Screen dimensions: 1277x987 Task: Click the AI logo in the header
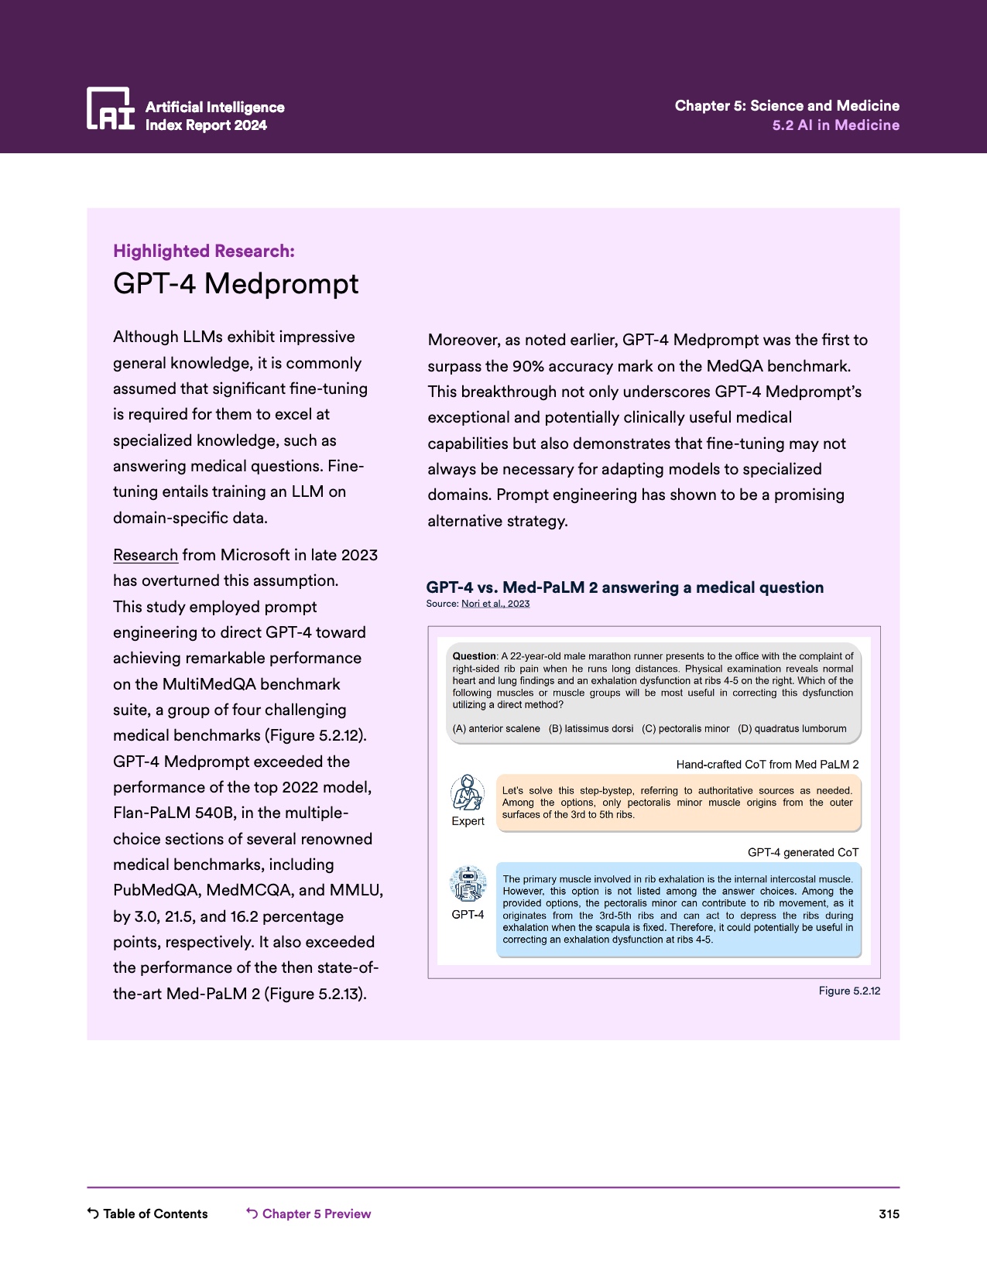(x=110, y=108)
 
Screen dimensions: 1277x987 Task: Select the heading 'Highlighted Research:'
(x=204, y=251)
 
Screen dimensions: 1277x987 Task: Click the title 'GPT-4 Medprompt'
(x=235, y=284)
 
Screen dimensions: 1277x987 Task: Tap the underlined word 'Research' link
(x=146, y=555)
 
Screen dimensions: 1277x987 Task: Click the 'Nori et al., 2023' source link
(x=495, y=604)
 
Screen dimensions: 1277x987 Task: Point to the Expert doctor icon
(x=468, y=793)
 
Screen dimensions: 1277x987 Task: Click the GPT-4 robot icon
(x=468, y=885)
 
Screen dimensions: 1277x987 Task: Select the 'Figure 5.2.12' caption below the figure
(x=849, y=991)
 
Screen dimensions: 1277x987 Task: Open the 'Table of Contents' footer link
(x=155, y=1214)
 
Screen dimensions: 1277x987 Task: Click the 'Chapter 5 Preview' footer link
(x=316, y=1214)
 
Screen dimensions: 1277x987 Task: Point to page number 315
(x=889, y=1214)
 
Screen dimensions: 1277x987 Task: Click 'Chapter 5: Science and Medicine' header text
(x=787, y=105)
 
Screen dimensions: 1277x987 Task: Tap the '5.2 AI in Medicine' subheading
(x=835, y=125)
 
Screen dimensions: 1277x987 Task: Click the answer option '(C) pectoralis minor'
(x=685, y=728)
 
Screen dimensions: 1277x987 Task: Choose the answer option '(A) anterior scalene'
(x=496, y=728)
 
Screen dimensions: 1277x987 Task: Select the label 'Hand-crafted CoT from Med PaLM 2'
(x=767, y=765)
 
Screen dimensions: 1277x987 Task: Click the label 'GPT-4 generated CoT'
(x=803, y=852)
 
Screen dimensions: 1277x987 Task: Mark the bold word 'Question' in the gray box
(x=474, y=656)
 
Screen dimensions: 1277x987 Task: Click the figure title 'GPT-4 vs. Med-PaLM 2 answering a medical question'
(x=625, y=587)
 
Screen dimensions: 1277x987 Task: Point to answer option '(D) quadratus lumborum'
(x=792, y=728)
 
